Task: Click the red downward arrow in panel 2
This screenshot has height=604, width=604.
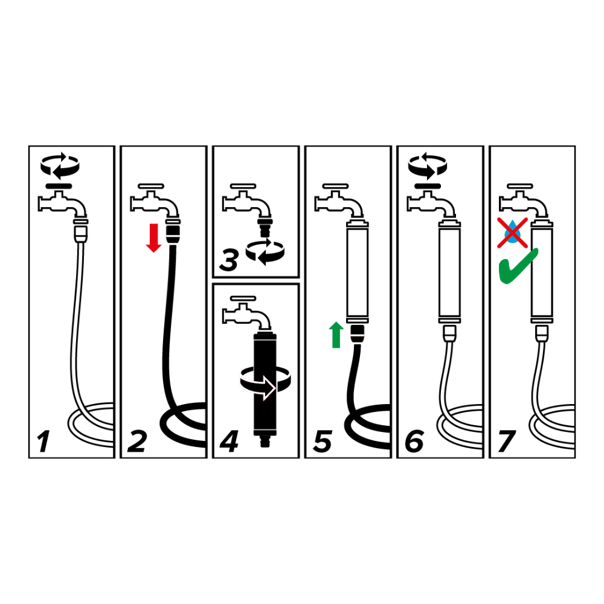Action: pyautogui.click(x=153, y=237)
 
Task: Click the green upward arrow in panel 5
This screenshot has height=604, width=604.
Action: pyautogui.click(x=336, y=335)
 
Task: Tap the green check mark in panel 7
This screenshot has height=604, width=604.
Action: pyautogui.click(x=518, y=266)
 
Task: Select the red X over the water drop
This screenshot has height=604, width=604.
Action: pyautogui.click(x=512, y=233)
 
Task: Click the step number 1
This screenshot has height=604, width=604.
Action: pyautogui.click(x=43, y=442)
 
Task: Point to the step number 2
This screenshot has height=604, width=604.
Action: pyautogui.click(x=137, y=442)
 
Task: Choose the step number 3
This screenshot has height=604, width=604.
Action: pyautogui.click(x=229, y=260)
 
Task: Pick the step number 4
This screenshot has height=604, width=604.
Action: pyautogui.click(x=229, y=442)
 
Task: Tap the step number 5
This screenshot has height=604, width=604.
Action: pyautogui.click(x=323, y=442)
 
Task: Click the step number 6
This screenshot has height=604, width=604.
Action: pyautogui.click(x=414, y=442)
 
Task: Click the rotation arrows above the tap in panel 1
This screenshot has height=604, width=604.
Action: pyautogui.click(x=60, y=166)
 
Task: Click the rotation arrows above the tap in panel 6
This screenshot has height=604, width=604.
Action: pyautogui.click(x=428, y=166)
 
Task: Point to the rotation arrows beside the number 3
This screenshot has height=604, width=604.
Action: pyautogui.click(x=265, y=252)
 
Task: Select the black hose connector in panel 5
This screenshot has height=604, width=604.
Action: pyautogui.click(x=358, y=334)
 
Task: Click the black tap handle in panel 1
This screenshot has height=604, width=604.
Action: pyautogui.click(x=59, y=187)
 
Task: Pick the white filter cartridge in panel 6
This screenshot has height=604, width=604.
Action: pyautogui.click(x=449, y=272)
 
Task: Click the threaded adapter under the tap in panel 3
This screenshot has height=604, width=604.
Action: pyautogui.click(x=265, y=226)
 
